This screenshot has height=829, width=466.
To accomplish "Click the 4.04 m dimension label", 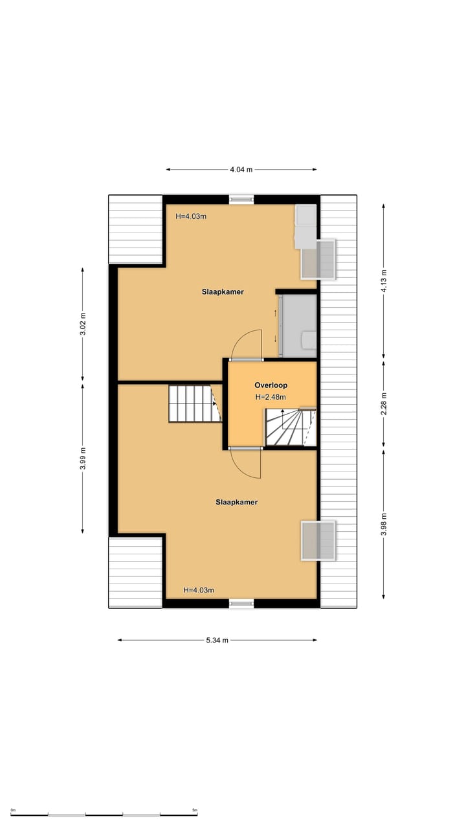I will (x=241, y=170).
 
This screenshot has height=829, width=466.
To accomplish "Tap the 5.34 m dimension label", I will (x=217, y=641).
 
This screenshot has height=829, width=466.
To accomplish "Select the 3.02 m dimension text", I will (x=83, y=324).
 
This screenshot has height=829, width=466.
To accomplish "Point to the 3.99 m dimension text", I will (x=83, y=459).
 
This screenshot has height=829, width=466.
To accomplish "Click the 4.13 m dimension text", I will (x=383, y=281).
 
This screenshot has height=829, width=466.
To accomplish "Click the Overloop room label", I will (x=271, y=385).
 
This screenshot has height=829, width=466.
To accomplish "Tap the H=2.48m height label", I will (x=271, y=398).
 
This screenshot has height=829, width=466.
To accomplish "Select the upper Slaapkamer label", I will (x=222, y=292).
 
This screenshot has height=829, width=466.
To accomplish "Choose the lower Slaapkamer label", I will (x=237, y=502).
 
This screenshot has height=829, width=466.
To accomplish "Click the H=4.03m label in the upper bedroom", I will (x=191, y=216).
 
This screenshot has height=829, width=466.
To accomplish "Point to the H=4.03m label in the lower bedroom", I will (x=199, y=590).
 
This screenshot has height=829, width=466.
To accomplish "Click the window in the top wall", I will (x=241, y=199).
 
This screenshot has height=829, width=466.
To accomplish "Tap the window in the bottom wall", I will (x=241, y=604).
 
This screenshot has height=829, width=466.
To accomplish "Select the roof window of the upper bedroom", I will (x=318, y=259).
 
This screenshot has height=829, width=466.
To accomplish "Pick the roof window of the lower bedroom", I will (x=318, y=541).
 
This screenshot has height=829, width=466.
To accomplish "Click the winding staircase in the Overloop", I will (x=290, y=427).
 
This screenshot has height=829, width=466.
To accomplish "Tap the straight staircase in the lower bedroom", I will (x=192, y=403).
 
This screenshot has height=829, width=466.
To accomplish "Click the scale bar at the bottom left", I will (x=104, y=814).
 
